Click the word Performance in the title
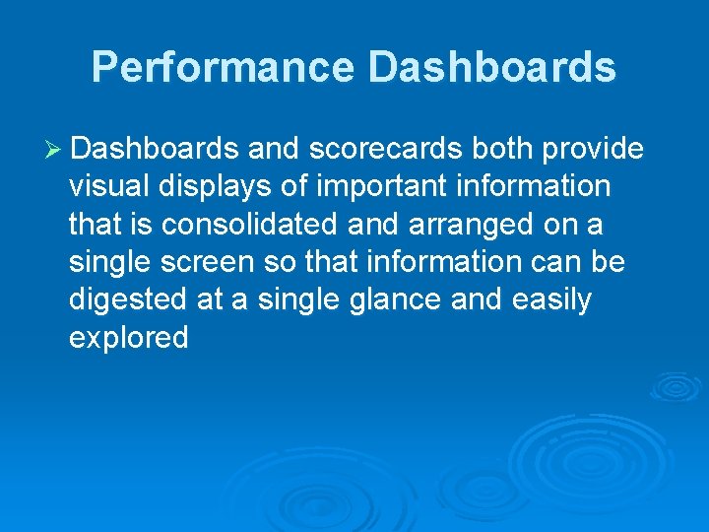tap(223, 67)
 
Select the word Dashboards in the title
tap(491, 67)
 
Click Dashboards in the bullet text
tap(155, 149)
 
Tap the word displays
tap(215, 186)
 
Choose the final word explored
tap(128, 338)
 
